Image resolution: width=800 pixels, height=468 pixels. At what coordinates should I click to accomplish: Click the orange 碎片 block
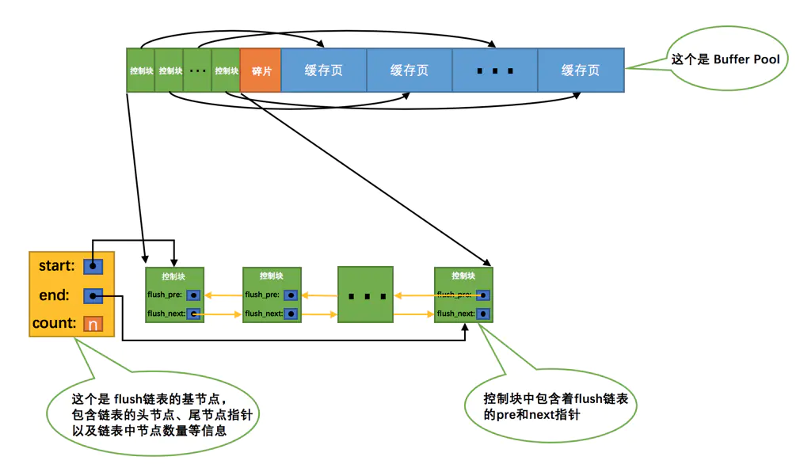tap(261, 70)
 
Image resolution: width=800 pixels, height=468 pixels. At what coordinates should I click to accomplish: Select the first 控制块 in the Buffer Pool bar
tap(141, 70)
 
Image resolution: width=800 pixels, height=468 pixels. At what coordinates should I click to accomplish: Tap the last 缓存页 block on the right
tap(581, 70)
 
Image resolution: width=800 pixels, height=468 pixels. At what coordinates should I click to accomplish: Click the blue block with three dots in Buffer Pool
tap(495, 70)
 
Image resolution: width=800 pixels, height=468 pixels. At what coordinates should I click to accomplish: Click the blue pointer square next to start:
tap(93, 267)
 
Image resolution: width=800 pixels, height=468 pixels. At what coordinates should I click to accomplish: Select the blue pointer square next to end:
tap(93, 296)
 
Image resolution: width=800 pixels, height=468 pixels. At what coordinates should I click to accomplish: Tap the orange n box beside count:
tap(93, 324)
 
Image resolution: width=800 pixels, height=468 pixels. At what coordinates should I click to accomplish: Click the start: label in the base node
tap(56, 266)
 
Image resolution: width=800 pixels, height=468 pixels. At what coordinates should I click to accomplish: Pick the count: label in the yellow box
tap(54, 323)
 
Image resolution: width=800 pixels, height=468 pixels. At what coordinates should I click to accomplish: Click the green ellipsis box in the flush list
tap(365, 295)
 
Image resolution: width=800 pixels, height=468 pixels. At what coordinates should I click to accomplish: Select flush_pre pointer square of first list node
tap(193, 295)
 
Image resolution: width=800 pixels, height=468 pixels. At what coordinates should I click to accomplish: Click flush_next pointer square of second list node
tap(291, 314)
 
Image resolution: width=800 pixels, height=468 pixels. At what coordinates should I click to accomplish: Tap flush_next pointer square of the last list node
tap(482, 314)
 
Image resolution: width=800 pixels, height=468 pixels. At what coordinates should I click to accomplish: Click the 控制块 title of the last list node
tap(463, 276)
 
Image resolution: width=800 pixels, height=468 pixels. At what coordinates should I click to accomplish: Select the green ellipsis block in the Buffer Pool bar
tap(197, 70)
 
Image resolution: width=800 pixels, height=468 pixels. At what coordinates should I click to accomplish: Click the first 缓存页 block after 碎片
tap(324, 70)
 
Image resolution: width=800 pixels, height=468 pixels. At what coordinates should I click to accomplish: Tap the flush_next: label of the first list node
tap(166, 314)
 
